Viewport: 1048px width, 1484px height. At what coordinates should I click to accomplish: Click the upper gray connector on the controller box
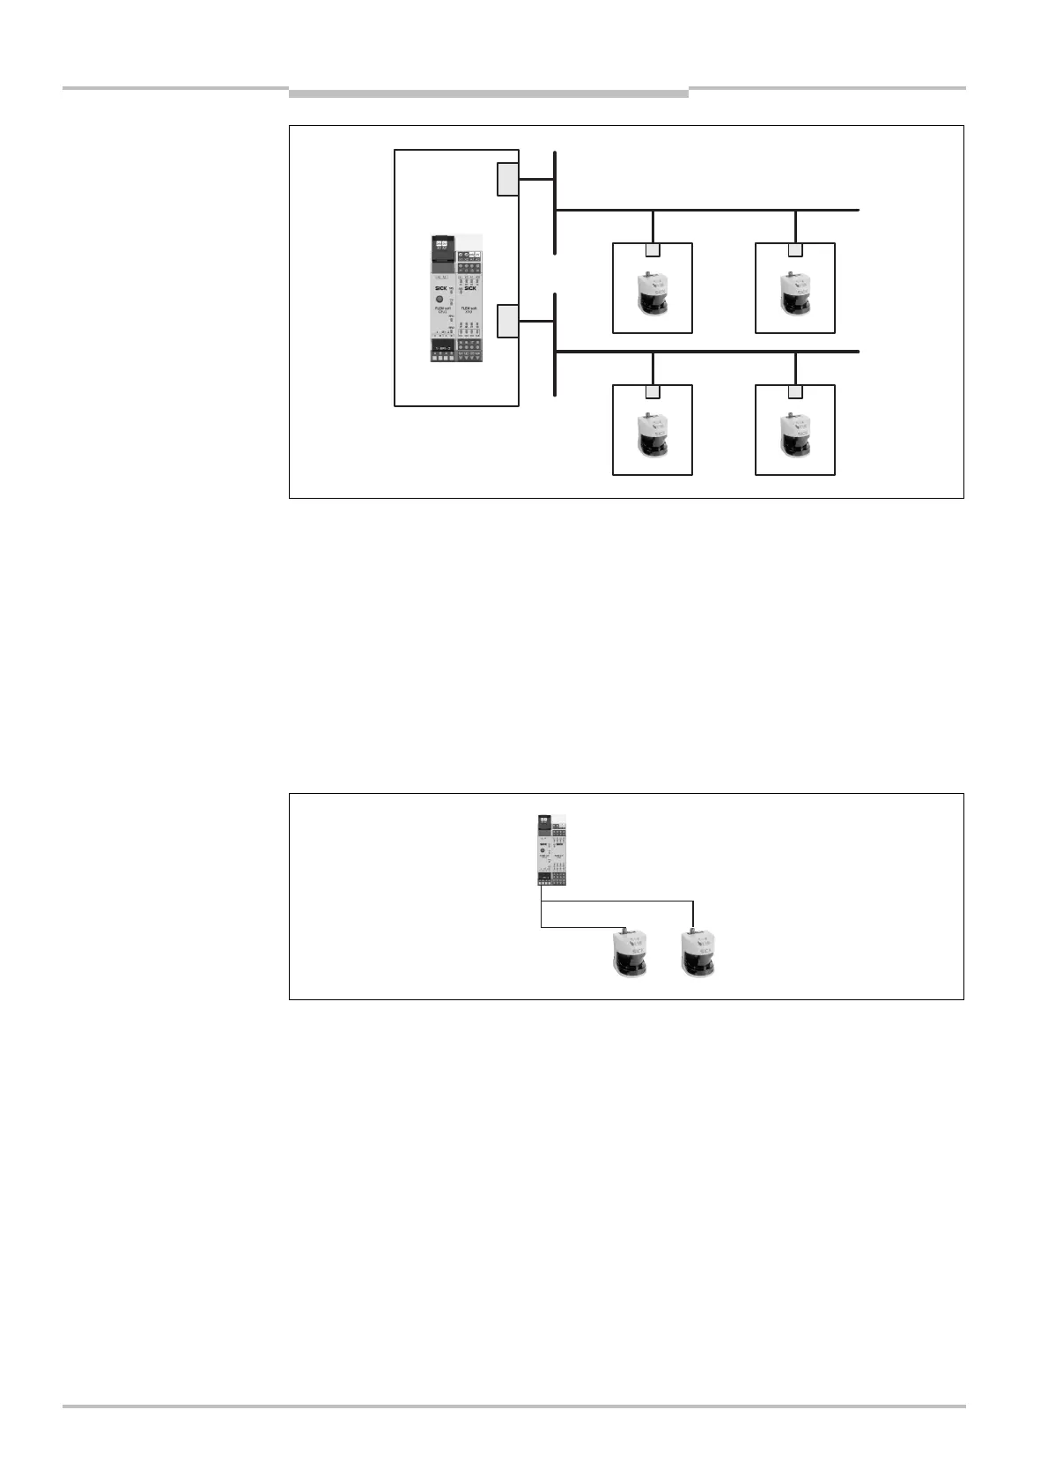pos(507,180)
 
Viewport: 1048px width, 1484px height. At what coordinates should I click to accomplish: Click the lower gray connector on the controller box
pos(507,321)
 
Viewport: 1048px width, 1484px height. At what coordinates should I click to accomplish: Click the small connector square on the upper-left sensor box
pos(653,250)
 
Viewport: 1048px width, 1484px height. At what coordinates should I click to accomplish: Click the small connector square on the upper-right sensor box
pos(795,250)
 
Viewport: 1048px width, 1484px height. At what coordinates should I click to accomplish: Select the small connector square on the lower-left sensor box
pos(653,392)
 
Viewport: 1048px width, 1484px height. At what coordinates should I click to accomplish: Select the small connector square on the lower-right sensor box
pos(795,392)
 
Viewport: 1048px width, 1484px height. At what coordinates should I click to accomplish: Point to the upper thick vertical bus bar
pos(555,203)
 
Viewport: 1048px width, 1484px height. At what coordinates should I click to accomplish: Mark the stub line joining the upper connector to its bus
pos(535,180)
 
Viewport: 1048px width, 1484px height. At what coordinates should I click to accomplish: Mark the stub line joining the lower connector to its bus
pos(535,321)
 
